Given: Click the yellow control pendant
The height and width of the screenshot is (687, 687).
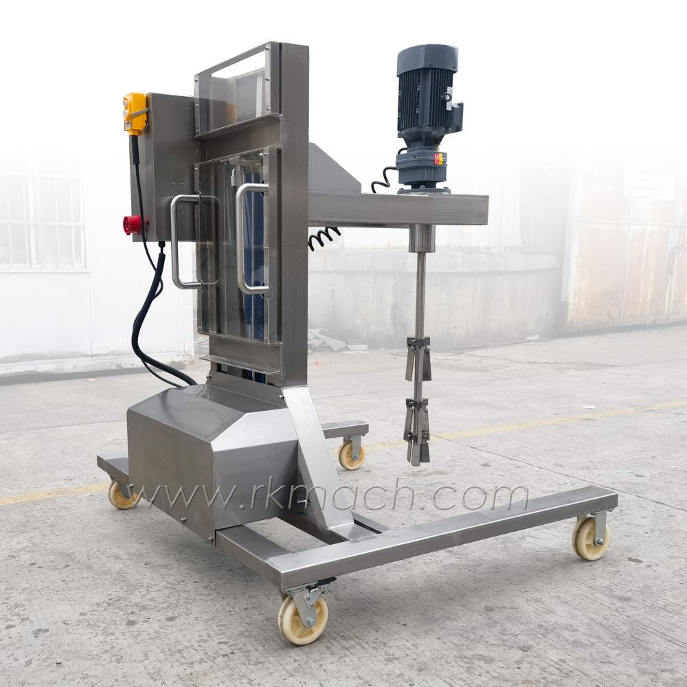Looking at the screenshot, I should click(135, 113).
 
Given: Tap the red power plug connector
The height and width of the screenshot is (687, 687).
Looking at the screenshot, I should click(133, 225).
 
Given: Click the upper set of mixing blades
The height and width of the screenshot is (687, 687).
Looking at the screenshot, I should click(418, 357).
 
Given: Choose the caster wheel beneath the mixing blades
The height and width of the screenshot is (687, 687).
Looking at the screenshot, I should click(351, 454).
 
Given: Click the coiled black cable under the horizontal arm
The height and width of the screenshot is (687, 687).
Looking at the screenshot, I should click(324, 237).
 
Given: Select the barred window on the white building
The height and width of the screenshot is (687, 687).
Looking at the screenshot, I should click(41, 220).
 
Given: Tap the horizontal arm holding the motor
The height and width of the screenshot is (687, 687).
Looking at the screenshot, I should click(398, 209).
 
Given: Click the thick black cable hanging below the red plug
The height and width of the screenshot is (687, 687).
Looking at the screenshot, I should click(148, 323).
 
